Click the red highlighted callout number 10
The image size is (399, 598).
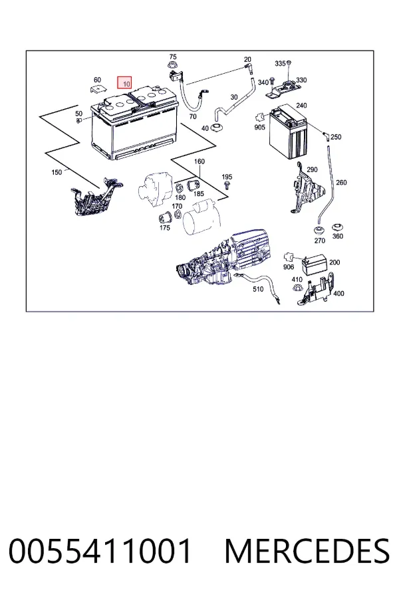pos(125,83)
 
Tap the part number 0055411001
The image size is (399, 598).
pos(100,550)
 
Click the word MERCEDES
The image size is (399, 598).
pos(307,550)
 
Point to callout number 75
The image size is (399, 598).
pos(173,57)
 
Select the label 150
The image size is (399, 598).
pos(57,172)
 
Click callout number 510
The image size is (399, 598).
pos(258,289)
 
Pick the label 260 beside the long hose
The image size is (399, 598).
pos(341,182)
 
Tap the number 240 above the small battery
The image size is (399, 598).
pos(301,105)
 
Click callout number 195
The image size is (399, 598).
pos(227,177)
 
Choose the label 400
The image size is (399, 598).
pos(338,293)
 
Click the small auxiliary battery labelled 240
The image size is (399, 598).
pos(288,133)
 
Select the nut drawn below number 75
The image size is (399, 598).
pos(172,65)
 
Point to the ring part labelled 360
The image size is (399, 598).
pos(337,229)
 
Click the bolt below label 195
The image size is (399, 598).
pos(227,185)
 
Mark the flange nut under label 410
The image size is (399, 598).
pos(297,288)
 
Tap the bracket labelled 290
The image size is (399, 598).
pos(307,189)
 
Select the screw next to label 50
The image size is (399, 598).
pos(79,122)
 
